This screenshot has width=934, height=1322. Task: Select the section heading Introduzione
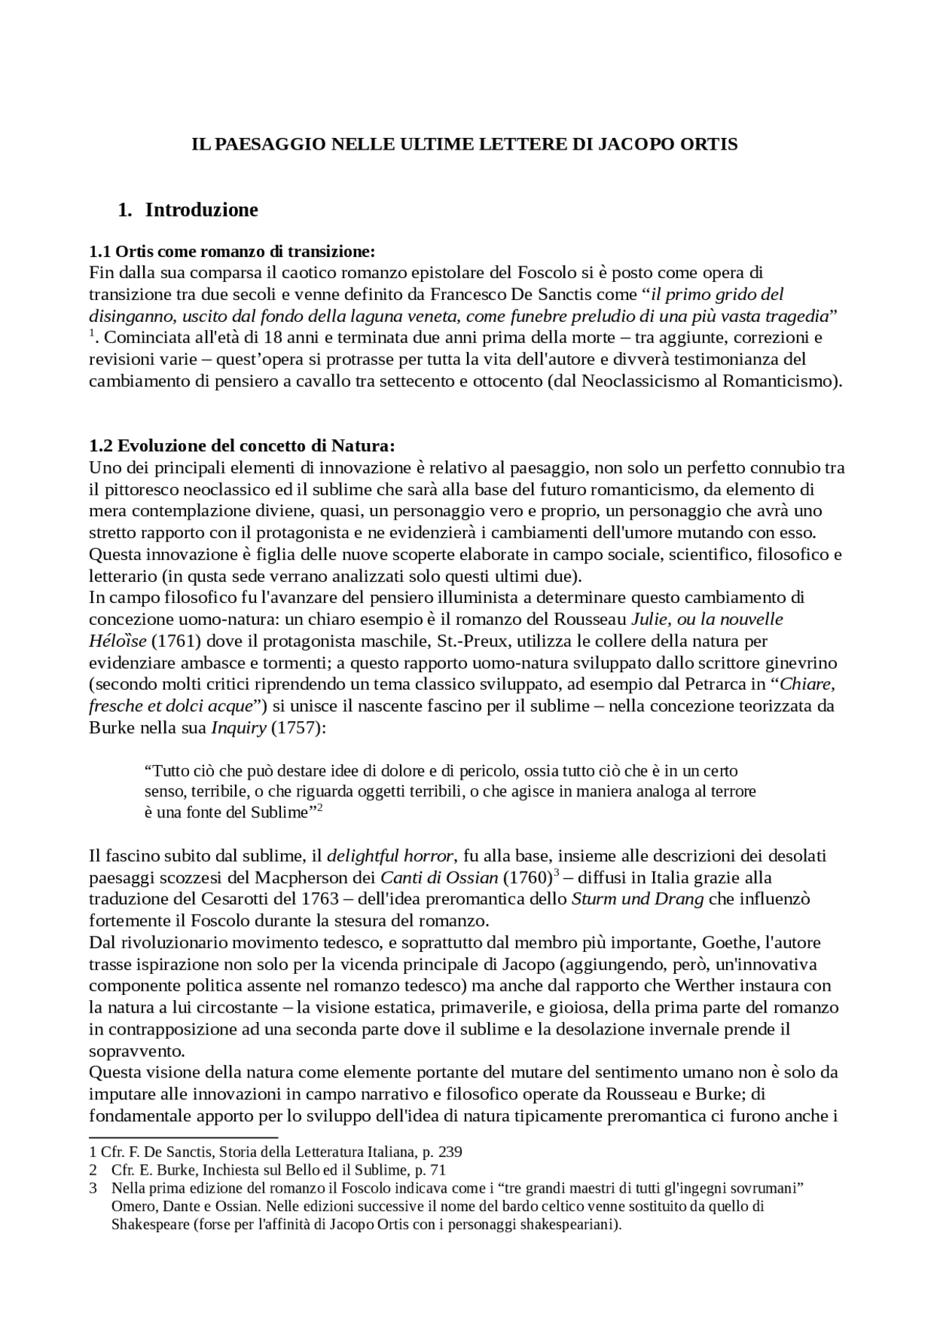(201, 210)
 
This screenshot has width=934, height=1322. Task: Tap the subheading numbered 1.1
(231, 252)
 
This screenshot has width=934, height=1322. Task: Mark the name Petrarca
(715, 685)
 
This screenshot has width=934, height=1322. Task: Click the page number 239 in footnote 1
(449, 1153)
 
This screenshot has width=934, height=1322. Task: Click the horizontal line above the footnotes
(183, 1137)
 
